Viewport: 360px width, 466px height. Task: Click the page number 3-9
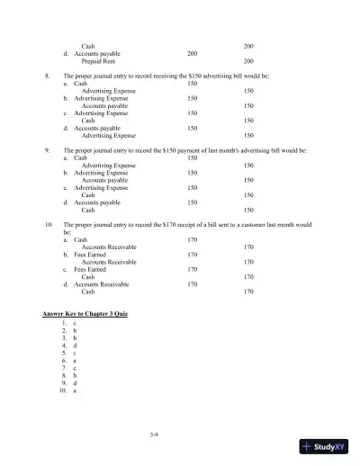(179, 435)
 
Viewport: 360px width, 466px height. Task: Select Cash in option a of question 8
(80, 84)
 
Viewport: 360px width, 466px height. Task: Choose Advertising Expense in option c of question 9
(100, 187)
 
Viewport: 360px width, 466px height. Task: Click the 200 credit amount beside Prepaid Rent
(248, 61)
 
